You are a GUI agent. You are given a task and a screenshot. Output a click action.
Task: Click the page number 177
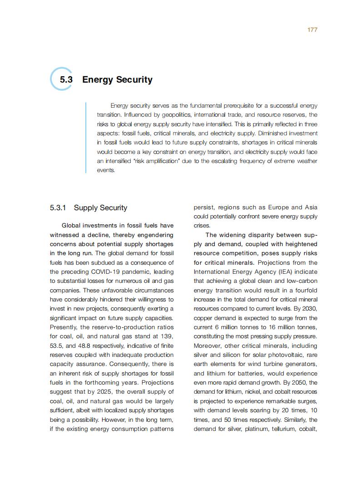pos(312,30)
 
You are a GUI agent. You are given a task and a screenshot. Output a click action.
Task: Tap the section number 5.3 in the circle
pos(66,79)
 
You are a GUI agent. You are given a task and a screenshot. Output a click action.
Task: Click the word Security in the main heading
pos(134,79)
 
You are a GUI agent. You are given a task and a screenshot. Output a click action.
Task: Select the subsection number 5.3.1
pos(58,208)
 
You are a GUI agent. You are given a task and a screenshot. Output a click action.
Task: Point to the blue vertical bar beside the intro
pos(86,138)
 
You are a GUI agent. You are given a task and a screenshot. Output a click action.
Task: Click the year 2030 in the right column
pos(310,309)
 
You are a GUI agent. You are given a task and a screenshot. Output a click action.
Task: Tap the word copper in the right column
pos(203,318)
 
